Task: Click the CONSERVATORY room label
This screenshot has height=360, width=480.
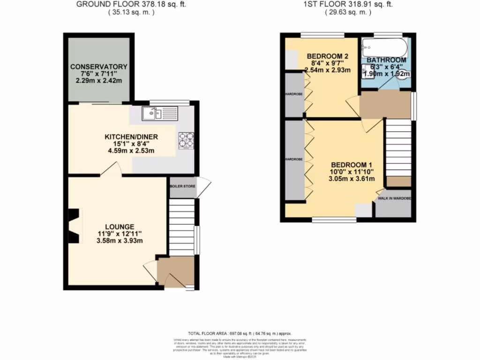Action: click(99, 67)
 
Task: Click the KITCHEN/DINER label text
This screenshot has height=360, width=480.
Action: click(131, 137)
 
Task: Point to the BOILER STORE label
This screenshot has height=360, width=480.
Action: click(183, 186)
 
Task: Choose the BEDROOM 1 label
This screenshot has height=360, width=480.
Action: click(351, 165)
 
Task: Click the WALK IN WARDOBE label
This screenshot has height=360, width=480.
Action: click(394, 198)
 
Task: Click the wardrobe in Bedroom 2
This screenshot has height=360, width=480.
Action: click(295, 93)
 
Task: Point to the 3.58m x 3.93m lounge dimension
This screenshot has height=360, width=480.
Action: click(119, 241)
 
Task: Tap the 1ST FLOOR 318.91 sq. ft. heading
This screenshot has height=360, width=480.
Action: click(348, 4)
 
